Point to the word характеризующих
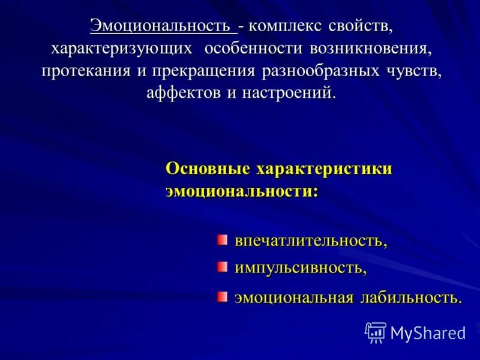[122, 48]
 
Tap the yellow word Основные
[208, 169]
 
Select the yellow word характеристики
[325, 169]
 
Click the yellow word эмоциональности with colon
[242, 191]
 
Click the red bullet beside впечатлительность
[223, 241]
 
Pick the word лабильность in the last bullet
[411, 298]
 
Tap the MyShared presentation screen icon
[376, 332]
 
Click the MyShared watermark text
[428, 333]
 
